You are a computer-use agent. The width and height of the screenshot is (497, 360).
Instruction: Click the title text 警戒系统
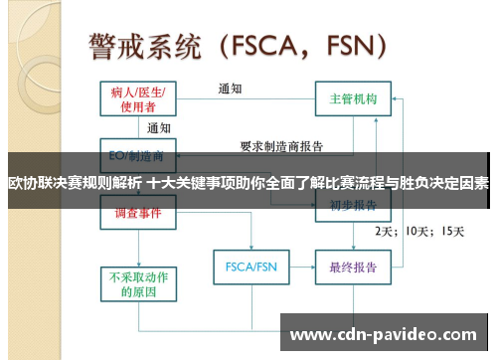coord(145,46)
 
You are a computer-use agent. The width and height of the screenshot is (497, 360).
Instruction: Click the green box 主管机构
coord(353,99)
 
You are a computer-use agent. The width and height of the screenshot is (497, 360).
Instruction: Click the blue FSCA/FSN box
coord(250,268)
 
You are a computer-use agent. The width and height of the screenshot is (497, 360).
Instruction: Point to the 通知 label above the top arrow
coord(231,88)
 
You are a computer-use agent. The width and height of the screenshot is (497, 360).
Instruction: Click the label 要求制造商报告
coord(281,146)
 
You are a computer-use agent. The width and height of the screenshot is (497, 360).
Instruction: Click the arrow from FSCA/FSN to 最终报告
coord(300,268)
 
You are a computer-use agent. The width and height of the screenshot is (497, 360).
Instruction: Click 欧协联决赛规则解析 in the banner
coord(75,183)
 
